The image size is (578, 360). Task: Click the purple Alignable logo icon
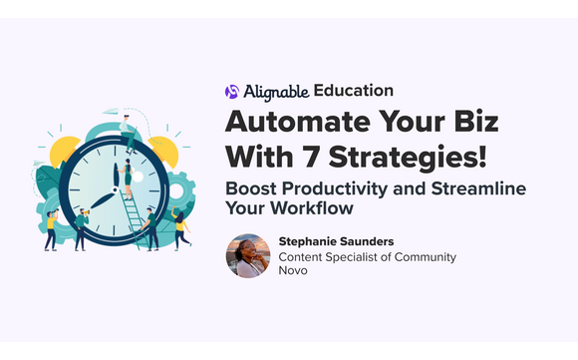[233, 91]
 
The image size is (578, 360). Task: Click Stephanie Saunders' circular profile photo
[247, 256]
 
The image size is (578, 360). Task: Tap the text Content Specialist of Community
[367, 256]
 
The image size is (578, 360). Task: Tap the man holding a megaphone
[80, 227]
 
